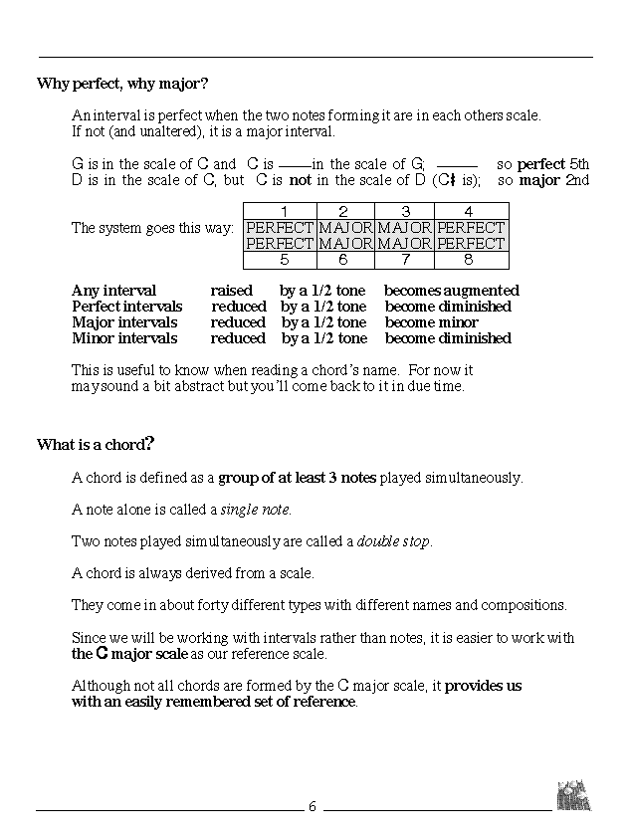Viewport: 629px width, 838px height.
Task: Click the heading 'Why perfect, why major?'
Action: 122,83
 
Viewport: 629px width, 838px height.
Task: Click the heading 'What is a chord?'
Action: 96,444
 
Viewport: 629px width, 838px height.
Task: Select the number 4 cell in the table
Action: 471,211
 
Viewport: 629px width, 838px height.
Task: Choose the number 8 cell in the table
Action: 471,260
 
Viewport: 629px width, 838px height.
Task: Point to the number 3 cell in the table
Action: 405,211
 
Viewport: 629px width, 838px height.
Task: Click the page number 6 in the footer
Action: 312,806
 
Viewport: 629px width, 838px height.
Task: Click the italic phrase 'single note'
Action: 256,510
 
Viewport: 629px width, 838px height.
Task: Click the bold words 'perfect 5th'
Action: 552,164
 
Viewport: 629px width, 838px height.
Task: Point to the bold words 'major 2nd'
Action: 553,180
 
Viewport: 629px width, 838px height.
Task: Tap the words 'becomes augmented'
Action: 452,291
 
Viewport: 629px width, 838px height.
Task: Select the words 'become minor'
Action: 431,322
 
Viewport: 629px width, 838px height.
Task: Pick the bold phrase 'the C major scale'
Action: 129,654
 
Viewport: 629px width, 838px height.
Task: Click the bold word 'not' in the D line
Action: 300,180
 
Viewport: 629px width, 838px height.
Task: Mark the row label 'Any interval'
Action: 113,291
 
